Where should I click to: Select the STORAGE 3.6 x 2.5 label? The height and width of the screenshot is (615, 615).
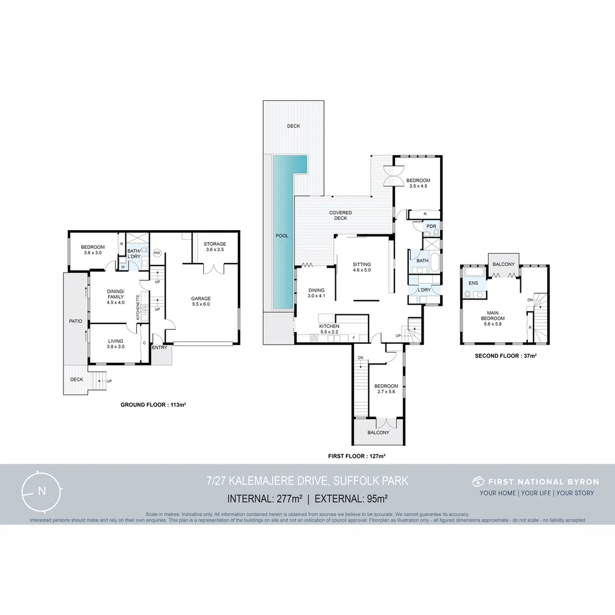(x=215, y=247)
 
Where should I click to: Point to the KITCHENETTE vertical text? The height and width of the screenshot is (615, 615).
(x=138, y=306)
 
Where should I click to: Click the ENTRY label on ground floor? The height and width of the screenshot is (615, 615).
(x=159, y=347)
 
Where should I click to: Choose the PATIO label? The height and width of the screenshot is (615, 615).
(x=75, y=321)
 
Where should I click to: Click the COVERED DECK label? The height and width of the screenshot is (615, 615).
(x=341, y=216)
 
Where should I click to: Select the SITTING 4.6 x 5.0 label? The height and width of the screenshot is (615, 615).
(x=362, y=268)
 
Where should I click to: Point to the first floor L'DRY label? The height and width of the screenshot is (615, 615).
(x=424, y=290)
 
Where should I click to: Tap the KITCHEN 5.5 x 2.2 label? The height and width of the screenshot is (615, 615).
(x=330, y=329)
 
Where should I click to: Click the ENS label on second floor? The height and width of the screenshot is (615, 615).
(x=473, y=282)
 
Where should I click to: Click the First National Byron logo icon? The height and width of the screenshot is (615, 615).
(x=478, y=482)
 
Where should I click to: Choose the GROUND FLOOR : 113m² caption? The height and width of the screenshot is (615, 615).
(x=154, y=405)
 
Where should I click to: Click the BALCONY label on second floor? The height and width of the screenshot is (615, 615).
(x=503, y=264)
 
